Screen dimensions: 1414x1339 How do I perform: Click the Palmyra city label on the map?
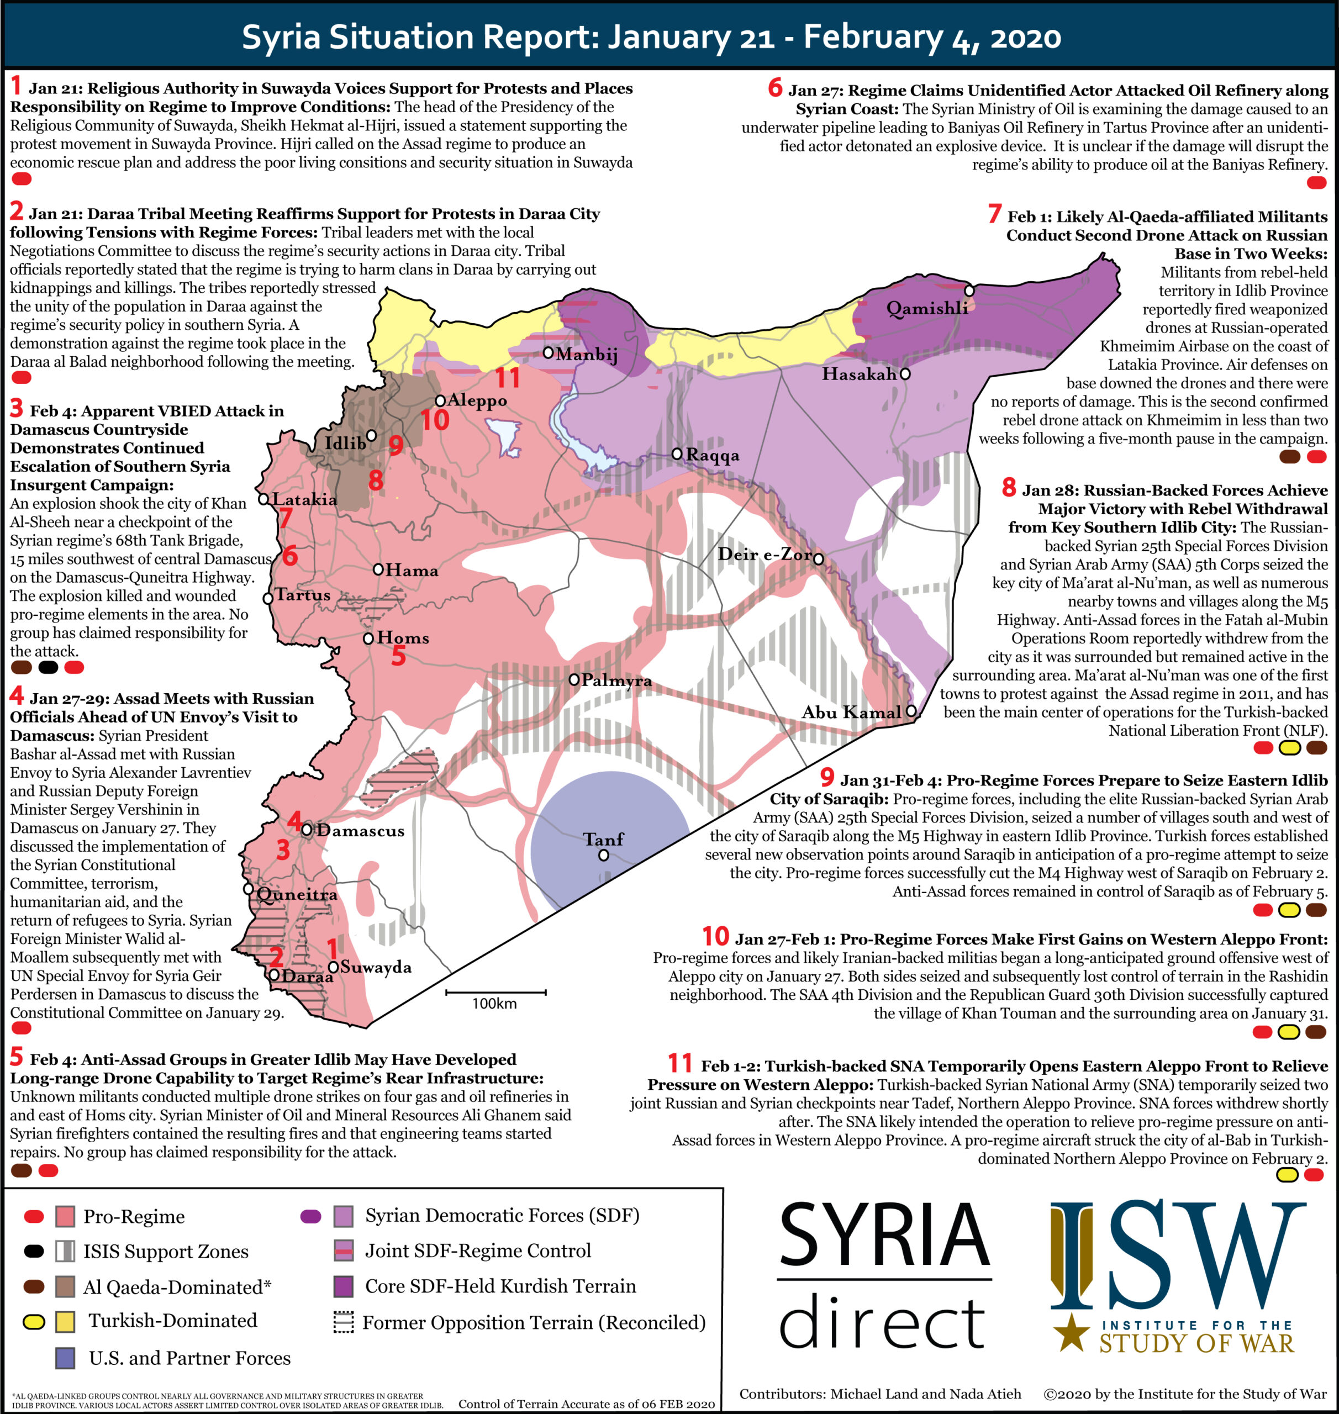(616, 680)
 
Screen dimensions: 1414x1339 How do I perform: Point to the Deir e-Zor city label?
(765, 555)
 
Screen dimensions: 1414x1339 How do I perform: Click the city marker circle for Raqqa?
(677, 454)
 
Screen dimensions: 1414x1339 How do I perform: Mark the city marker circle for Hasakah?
(905, 373)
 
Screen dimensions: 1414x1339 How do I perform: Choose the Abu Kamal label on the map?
(851, 713)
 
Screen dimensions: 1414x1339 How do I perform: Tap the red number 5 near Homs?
(398, 655)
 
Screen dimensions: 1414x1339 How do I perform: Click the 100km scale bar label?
(494, 1003)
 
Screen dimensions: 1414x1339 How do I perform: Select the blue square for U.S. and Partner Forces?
(66, 1358)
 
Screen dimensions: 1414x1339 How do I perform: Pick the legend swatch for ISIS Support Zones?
(66, 1251)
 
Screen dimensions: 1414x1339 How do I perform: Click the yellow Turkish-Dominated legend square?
(66, 1322)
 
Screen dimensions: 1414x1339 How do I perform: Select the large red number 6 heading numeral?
(775, 88)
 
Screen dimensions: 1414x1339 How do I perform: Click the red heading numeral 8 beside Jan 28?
(1009, 488)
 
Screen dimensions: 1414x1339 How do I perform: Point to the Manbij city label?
(587, 354)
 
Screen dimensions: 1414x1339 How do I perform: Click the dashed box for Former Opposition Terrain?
(344, 1323)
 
